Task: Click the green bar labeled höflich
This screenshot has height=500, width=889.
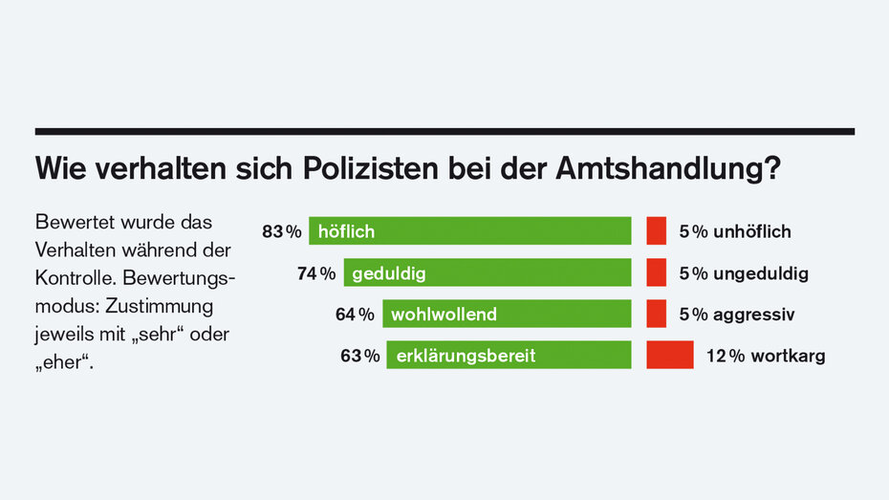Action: [469, 231]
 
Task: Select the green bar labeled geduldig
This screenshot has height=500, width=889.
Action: [488, 273]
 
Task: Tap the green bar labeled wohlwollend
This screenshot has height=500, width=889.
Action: [507, 314]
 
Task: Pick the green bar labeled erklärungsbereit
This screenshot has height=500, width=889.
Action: [509, 356]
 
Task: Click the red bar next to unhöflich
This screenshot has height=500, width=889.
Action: [656, 231]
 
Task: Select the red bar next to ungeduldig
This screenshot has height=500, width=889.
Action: [656, 273]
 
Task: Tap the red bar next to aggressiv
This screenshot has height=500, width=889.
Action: [656, 314]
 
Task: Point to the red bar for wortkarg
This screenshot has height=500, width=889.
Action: [670, 356]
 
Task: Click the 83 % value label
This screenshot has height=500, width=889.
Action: [281, 231]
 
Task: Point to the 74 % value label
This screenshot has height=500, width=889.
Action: [316, 273]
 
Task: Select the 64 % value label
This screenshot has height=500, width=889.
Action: [355, 314]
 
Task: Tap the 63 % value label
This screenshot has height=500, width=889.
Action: [359, 356]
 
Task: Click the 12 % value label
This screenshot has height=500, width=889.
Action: [725, 356]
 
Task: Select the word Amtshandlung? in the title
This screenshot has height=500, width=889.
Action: [667, 170]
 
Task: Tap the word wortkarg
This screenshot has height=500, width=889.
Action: [788, 356]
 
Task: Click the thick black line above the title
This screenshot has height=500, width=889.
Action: [444, 131]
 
